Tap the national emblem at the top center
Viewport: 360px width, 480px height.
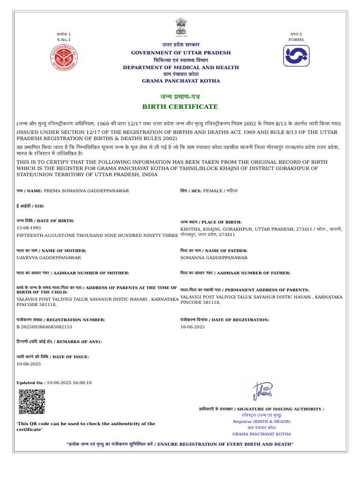pos(180,27)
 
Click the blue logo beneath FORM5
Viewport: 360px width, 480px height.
pos(296,56)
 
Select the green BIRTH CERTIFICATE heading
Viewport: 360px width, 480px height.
pos(180,107)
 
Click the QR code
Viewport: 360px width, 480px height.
pos(32,402)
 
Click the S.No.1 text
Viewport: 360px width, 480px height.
pos(64,40)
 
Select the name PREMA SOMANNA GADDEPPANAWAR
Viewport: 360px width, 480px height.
pos(86,191)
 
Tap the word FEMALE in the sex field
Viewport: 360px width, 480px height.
pos(213,191)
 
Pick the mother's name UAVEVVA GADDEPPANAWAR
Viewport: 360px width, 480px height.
pos(49,258)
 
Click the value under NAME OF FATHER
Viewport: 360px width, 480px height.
pos(214,258)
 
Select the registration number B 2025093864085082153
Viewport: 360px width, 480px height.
pos(45,327)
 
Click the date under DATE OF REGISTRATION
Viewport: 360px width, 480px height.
pos(193,327)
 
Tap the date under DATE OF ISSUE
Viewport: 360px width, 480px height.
pos(29,364)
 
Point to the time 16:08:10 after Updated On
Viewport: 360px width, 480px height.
pos(82,382)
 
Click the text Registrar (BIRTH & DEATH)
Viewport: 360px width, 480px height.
pos(262,421)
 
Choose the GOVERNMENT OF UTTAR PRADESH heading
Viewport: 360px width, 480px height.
pos(180,52)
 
